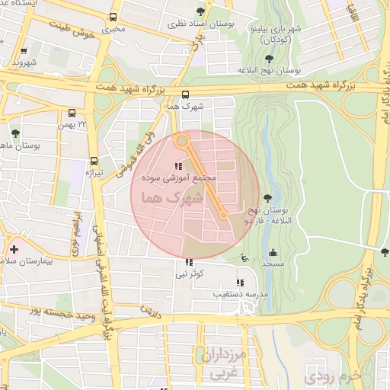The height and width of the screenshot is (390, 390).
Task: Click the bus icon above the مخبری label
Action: tap(113, 17)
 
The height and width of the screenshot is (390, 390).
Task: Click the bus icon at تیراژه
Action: tap(94, 161)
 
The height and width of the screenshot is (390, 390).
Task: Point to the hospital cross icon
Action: tap(14, 249)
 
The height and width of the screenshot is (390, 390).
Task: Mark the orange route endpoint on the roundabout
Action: tap(181, 141)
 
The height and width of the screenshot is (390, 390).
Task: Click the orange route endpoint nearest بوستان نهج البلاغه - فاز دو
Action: tap(222, 216)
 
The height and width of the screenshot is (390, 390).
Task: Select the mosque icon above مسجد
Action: tap(273, 253)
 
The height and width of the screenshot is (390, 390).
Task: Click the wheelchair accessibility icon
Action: tap(244, 257)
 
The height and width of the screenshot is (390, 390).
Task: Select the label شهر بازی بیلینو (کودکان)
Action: tap(276, 33)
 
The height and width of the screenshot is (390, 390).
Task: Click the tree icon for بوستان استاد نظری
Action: tap(200, 11)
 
